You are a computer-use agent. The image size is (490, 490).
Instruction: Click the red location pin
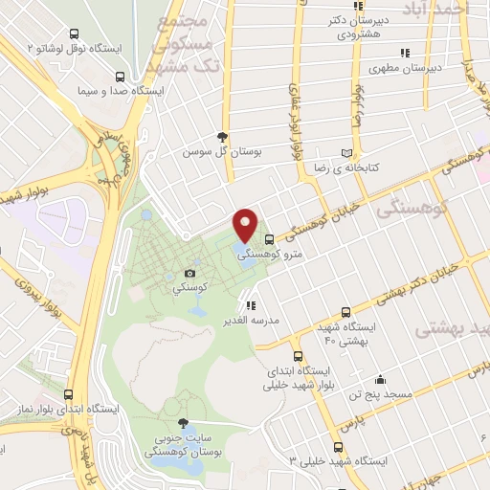point(246,224)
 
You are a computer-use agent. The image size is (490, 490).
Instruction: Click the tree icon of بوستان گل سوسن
point(222,137)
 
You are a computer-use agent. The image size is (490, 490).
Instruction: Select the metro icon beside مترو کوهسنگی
point(267,239)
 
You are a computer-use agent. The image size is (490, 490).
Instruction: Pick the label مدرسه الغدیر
point(252,320)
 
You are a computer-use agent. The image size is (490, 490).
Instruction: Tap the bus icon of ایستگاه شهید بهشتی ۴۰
point(345,312)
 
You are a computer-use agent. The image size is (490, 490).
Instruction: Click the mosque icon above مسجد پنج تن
point(380,379)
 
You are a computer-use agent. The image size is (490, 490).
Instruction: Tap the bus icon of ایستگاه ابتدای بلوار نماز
point(68,393)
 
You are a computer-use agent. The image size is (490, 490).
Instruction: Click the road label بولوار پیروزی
point(37,291)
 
